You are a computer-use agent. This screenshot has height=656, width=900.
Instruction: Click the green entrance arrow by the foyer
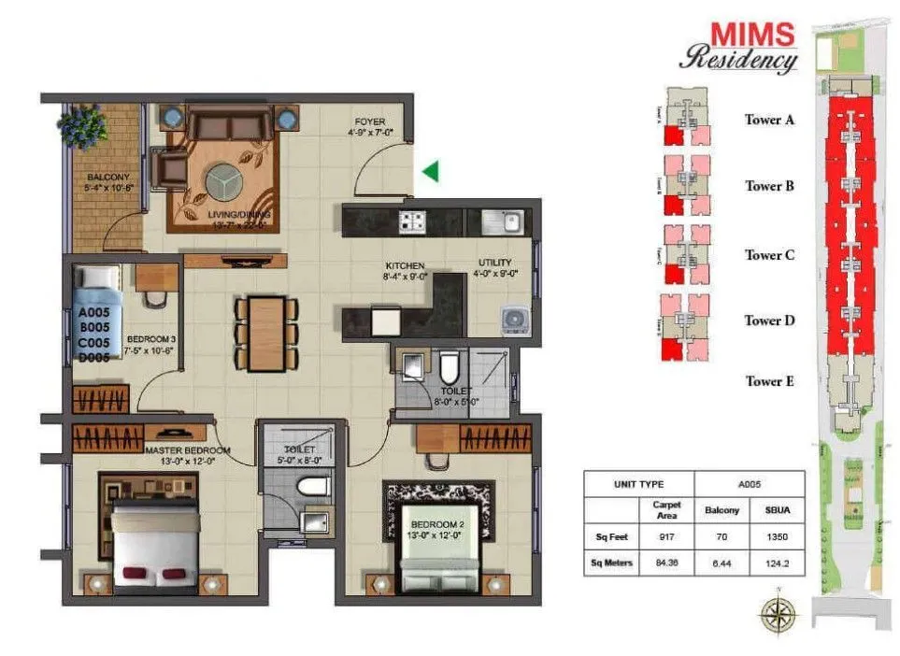tap(430, 171)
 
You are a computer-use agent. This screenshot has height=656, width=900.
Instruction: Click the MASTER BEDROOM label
tap(187, 450)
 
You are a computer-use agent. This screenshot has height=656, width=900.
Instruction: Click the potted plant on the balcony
tap(83, 123)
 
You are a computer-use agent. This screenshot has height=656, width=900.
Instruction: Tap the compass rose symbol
tap(778, 614)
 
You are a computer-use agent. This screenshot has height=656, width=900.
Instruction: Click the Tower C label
tap(768, 255)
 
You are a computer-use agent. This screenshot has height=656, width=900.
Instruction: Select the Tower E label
tap(768, 381)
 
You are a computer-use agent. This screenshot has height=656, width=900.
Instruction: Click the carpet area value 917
tap(666, 537)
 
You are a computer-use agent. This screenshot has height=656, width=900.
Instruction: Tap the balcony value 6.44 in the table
tap(721, 563)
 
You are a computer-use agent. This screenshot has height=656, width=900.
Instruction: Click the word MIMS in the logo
tap(752, 36)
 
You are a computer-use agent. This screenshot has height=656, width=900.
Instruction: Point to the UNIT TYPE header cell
tap(639, 484)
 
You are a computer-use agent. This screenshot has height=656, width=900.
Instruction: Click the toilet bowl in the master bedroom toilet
tap(313, 486)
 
